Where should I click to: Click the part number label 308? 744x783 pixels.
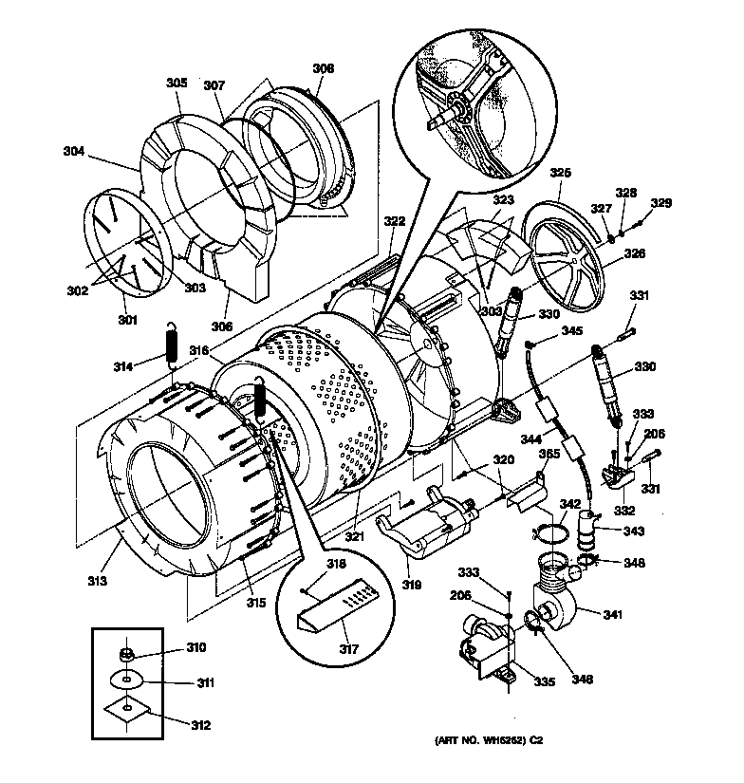click(324, 67)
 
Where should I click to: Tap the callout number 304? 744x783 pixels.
click(100, 151)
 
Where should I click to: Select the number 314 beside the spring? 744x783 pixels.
click(124, 364)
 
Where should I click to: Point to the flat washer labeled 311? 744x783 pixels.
click(123, 680)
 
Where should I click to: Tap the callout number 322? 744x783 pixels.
click(396, 221)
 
